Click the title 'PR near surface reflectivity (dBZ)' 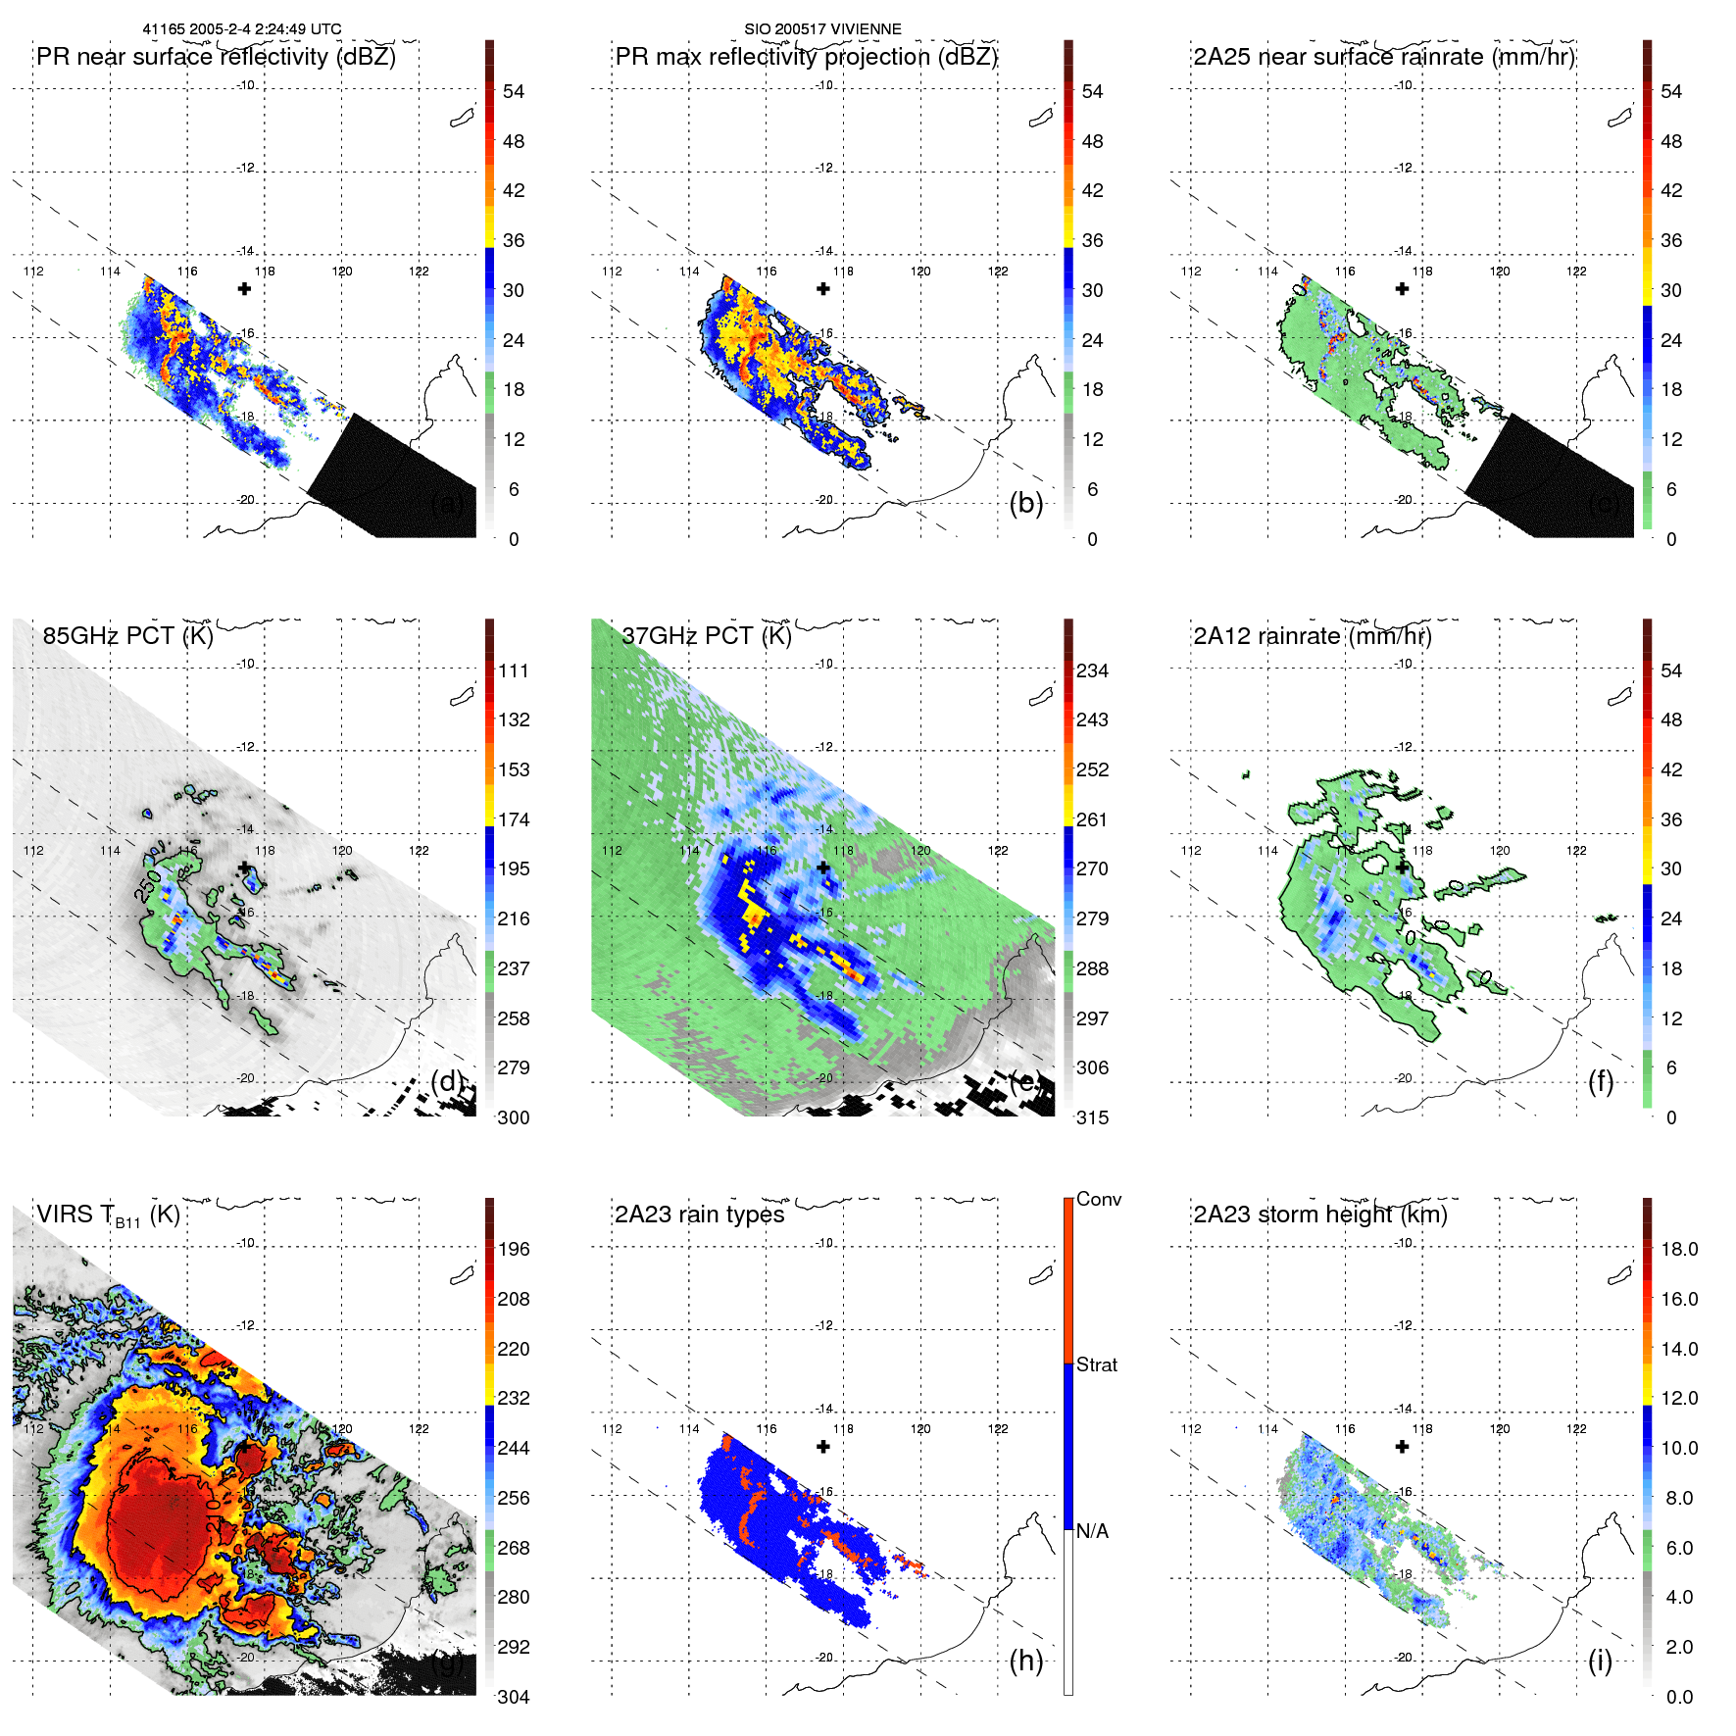tap(216, 57)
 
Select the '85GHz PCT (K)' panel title tap(127, 636)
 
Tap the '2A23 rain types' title tap(699, 1215)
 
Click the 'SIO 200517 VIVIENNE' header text tap(822, 29)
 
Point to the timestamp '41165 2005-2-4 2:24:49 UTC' tap(242, 29)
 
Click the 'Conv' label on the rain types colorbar tap(1098, 1199)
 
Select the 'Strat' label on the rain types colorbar tap(1096, 1364)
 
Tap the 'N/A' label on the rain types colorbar tap(1093, 1531)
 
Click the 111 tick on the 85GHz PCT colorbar tap(514, 670)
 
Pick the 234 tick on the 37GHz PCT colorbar tap(1092, 670)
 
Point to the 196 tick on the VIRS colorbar tap(514, 1249)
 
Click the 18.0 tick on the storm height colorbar tap(1678, 1249)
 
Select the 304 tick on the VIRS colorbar tap(514, 1697)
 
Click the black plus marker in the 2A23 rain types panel tap(823, 1447)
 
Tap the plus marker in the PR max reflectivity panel tap(823, 289)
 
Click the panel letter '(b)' tap(1025, 503)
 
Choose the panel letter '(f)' tap(1600, 1081)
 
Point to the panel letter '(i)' tap(1600, 1661)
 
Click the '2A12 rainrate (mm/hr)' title tap(1312, 636)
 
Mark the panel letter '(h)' tap(1025, 1661)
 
